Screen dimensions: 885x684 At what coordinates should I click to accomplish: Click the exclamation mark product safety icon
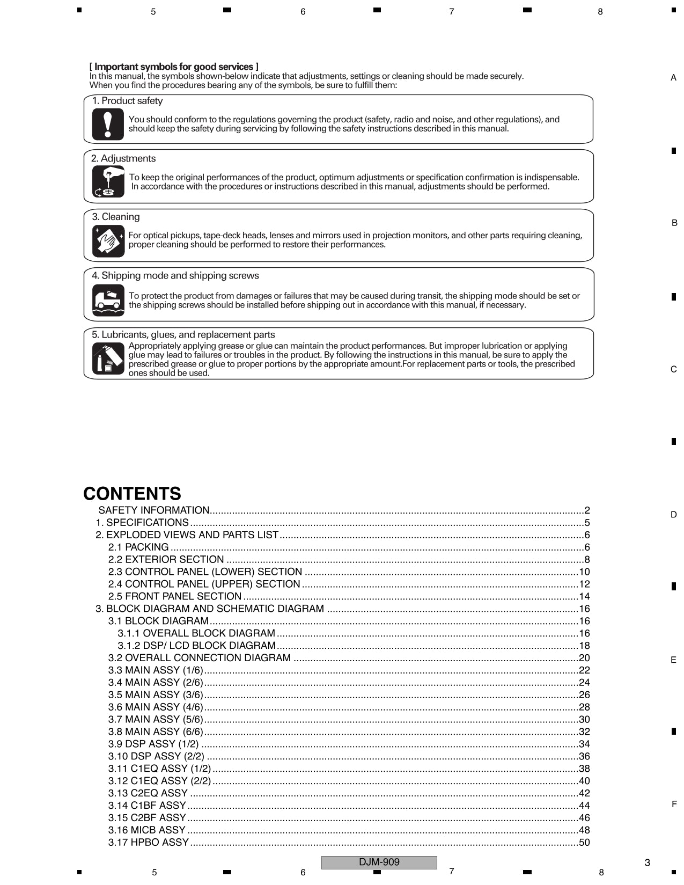108,124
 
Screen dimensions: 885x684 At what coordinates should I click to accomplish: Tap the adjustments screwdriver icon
108,182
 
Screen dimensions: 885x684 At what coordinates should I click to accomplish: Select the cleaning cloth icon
108,241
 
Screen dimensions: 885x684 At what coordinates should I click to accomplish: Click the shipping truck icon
108,300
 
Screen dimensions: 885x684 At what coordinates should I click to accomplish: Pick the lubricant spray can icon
108,358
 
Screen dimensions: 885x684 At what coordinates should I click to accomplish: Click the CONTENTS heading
132,494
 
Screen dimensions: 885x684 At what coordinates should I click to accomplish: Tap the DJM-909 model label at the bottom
379,862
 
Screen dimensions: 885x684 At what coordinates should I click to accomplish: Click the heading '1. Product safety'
127,101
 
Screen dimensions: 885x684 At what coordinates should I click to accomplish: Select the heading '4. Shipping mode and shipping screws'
175,276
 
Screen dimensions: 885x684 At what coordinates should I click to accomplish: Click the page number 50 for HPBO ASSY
584,843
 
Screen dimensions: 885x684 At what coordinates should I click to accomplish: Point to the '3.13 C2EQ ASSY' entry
148,793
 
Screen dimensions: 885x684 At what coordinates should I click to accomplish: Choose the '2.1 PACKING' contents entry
138,547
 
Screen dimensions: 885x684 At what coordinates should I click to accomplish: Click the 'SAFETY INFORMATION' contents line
153,510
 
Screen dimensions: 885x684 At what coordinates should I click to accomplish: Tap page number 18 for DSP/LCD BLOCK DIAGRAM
584,646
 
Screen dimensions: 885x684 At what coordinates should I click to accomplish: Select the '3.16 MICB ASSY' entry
146,830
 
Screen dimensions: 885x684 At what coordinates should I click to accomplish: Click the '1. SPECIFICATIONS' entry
142,523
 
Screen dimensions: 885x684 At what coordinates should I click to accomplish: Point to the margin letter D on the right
673,515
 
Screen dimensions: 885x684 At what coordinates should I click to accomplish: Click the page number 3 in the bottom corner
647,862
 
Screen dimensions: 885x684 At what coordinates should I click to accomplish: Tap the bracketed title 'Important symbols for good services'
174,67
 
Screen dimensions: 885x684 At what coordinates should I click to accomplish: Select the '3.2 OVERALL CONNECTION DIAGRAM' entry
199,658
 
